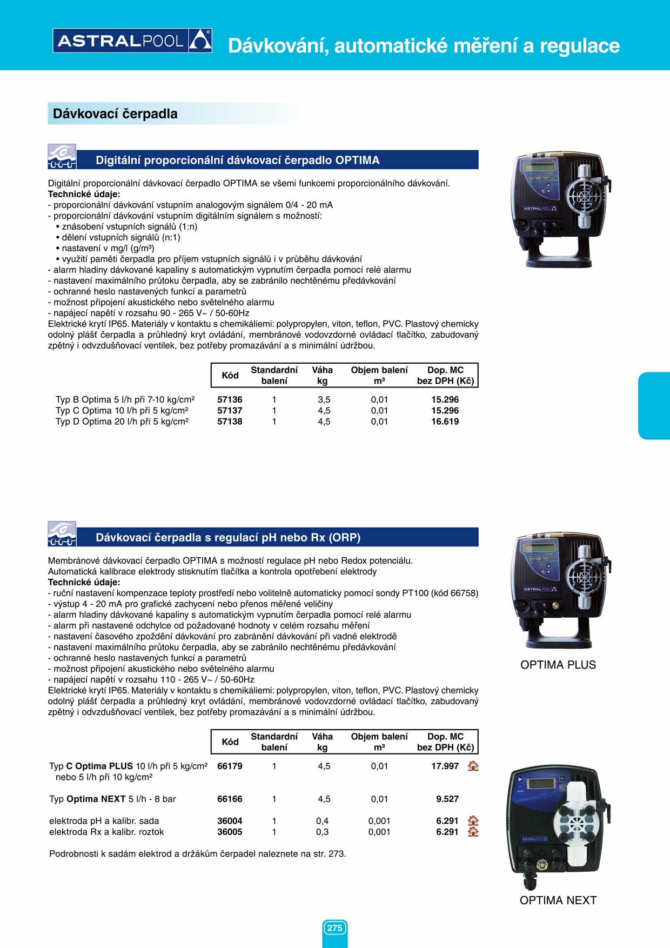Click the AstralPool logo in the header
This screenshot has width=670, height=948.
click(132, 41)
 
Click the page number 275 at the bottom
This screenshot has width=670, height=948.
click(334, 928)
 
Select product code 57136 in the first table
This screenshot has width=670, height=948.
click(230, 399)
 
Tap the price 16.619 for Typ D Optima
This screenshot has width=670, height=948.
click(445, 422)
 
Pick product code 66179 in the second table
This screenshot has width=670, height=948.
click(230, 766)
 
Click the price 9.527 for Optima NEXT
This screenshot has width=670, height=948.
click(447, 799)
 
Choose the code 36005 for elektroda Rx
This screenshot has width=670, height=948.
click(230, 832)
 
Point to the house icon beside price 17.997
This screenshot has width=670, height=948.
click(473, 766)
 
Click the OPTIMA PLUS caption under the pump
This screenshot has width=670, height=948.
click(558, 665)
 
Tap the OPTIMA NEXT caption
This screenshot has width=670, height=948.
click(558, 900)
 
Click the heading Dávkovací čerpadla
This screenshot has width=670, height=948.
click(115, 114)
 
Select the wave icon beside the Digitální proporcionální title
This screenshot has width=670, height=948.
click(62, 157)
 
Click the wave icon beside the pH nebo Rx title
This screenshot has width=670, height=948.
click(62, 534)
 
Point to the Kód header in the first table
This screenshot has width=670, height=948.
click(230, 375)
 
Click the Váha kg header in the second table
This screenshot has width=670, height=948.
click(322, 742)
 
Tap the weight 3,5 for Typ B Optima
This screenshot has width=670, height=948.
click(324, 399)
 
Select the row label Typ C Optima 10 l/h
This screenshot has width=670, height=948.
click(122, 411)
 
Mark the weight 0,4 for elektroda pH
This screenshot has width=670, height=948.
click(322, 821)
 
